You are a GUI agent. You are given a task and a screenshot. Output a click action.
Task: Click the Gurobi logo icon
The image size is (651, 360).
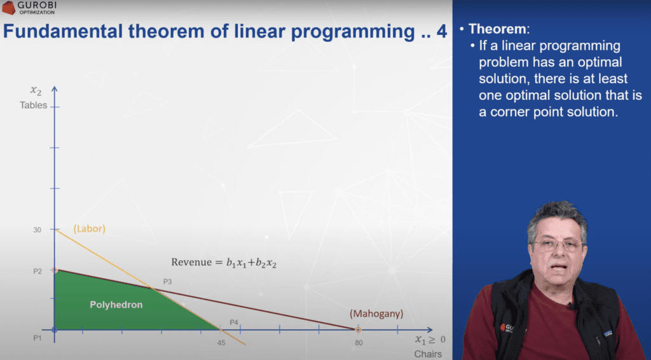pyautogui.click(x=8, y=8)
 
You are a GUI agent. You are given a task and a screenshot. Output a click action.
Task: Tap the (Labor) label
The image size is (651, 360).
pyautogui.click(x=90, y=228)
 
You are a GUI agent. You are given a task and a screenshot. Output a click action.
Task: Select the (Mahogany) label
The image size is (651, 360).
pyautogui.click(x=376, y=314)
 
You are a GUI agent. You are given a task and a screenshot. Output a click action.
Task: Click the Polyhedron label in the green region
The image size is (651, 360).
pyautogui.click(x=116, y=305)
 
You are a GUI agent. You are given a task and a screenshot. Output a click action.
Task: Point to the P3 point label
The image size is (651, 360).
pyautogui.click(x=167, y=281)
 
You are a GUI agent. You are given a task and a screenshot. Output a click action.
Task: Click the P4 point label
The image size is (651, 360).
pyautogui.click(x=233, y=322)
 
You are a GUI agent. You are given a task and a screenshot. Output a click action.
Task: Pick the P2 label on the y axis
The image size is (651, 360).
pyautogui.click(x=38, y=271)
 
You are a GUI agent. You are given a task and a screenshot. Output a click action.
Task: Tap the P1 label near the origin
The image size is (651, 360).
pyautogui.click(x=38, y=338)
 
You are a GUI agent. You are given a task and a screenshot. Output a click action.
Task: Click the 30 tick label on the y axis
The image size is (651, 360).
pyautogui.click(x=38, y=230)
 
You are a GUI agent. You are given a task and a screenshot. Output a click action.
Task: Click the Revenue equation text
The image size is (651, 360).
pyautogui.click(x=224, y=263)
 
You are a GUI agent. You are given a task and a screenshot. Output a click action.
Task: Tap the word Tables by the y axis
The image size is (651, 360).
pyautogui.click(x=34, y=105)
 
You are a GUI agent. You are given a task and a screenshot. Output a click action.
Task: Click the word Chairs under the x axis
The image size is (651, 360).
pyautogui.click(x=427, y=354)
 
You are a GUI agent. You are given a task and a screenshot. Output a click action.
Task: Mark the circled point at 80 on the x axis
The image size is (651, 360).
pyautogui.click(x=358, y=329)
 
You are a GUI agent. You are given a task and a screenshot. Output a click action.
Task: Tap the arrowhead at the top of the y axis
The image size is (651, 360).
pyautogui.click(x=55, y=88)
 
